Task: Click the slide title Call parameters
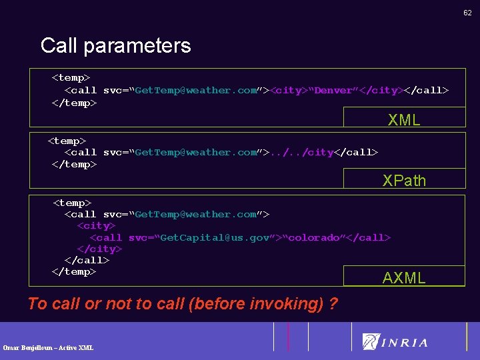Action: click(x=115, y=45)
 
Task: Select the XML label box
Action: click(x=404, y=120)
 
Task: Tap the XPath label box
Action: click(x=404, y=180)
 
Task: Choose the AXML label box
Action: click(x=404, y=278)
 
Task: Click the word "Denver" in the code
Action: click(x=336, y=90)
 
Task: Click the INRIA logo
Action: click(x=395, y=342)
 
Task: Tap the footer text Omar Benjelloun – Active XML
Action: click(x=48, y=347)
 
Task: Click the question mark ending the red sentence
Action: click(x=333, y=304)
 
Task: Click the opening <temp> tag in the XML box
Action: click(x=71, y=78)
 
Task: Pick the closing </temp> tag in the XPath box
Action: click(x=74, y=164)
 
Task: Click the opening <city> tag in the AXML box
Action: click(x=96, y=225)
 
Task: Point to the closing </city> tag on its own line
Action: click(x=99, y=249)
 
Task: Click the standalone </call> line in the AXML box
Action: click(x=87, y=260)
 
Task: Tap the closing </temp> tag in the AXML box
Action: click(x=74, y=271)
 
